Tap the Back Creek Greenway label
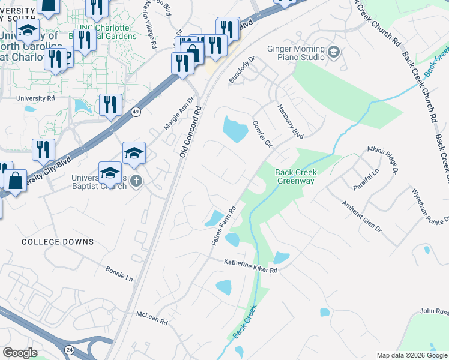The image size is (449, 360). click(x=295, y=176)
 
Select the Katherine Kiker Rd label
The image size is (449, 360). click(x=251, y=266)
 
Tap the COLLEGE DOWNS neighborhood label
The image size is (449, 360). click(x=58, y=242)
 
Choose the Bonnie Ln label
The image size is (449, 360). click(x=119, y=274)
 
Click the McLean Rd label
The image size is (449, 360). click(x=152, y=318)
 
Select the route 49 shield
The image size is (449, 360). click(x=136, y=112)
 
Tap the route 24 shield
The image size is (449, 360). click(x=70, y=349)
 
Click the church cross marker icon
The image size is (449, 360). click(x=136, y=181)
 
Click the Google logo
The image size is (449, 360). click(x=20, y=353)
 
